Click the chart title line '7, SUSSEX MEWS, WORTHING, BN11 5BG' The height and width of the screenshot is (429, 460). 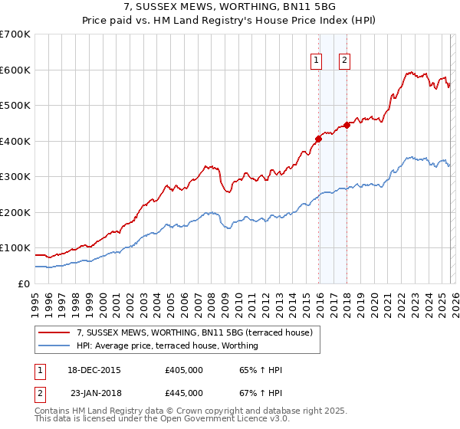230,7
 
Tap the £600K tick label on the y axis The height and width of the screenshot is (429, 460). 15,70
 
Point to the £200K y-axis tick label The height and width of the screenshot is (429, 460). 15,212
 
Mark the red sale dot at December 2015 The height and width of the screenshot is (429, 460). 318,139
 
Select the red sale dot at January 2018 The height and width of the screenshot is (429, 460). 347,125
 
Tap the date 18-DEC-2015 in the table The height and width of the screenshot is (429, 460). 94,371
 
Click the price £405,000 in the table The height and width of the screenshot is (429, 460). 184,371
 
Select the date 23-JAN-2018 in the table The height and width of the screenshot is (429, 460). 94,392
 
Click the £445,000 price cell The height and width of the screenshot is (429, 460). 184,392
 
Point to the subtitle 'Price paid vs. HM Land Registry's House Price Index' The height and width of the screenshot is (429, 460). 230,21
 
